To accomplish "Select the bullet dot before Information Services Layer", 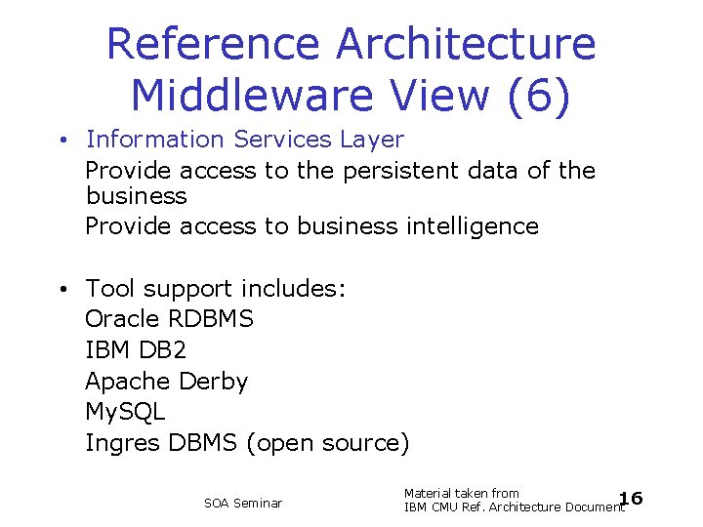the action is click(62, 141).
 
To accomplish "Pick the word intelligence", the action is click(472, 226).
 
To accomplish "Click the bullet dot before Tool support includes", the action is click(62, 290).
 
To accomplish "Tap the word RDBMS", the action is click(211, 319).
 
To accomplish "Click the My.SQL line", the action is click(125, 412).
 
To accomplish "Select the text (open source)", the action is click(328, 443).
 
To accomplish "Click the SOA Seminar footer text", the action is click(243, 504).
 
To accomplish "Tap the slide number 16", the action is click(632, 500).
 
